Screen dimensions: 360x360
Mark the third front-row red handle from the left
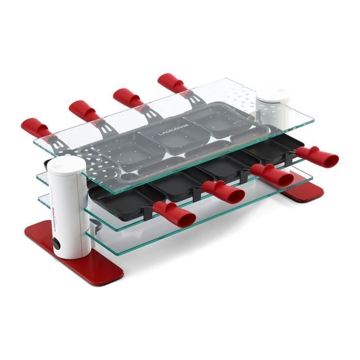(273, 174)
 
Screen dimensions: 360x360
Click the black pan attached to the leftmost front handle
(118, 196)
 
